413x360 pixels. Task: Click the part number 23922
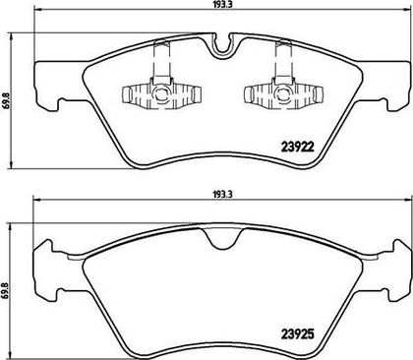(x=298, y=147)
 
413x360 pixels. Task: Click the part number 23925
(x=298, y=334)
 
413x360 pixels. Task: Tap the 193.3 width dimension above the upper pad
(x=222, y=5)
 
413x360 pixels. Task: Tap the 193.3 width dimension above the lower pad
(x=222, y=194)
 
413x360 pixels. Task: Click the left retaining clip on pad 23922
(x=161, y=93)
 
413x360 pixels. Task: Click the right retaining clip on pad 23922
(x=284, y=93)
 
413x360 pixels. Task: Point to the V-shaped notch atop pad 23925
(x=222, y=238)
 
